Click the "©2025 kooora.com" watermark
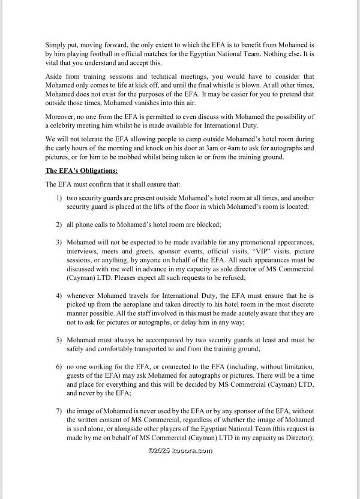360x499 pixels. (x=180, y=450)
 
